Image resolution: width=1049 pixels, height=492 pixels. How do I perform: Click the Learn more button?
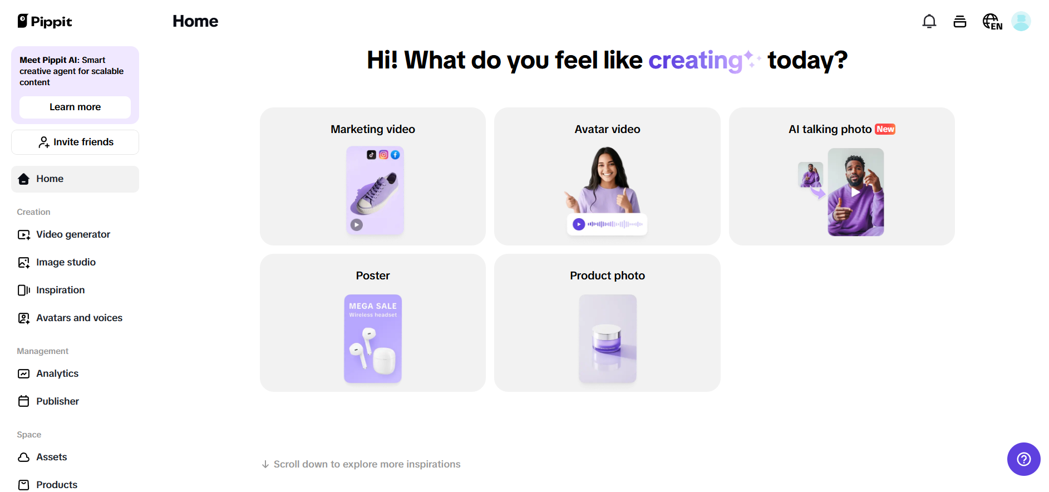[x=75, y=107]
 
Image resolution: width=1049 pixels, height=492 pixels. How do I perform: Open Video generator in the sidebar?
[x=73, y=234]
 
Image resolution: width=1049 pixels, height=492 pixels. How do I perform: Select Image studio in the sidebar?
[x=66, y=262]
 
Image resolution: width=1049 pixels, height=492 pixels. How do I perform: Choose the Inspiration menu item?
[x=60, y=290]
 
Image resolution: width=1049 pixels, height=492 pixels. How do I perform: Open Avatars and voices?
[x=79, y=318]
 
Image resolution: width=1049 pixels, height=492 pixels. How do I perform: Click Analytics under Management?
[x=57, y=373]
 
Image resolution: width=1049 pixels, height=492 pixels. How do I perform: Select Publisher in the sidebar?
[x=57, y=401]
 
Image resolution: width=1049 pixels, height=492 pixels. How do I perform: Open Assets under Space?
[x=51, y=457]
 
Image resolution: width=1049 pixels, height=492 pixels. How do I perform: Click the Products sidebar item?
[x=57, y=485]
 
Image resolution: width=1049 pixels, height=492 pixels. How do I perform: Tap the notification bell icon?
[x=929, y=22]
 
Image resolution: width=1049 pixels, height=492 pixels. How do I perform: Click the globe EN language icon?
[x=992, y=22]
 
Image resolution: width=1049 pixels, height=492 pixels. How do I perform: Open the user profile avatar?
[x=1021, y=22]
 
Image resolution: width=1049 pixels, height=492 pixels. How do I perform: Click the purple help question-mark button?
[x=1023, y=459]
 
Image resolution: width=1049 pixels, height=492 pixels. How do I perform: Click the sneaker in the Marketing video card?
[x=375, y=193]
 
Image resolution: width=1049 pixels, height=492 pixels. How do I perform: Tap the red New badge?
[x=885, y=129]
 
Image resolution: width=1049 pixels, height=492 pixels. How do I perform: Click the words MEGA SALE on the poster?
[x=373, y=306]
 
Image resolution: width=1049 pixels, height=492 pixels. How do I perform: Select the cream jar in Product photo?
[x=607, y=339]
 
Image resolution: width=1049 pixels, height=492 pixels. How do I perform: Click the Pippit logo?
[x=45, y=21]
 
